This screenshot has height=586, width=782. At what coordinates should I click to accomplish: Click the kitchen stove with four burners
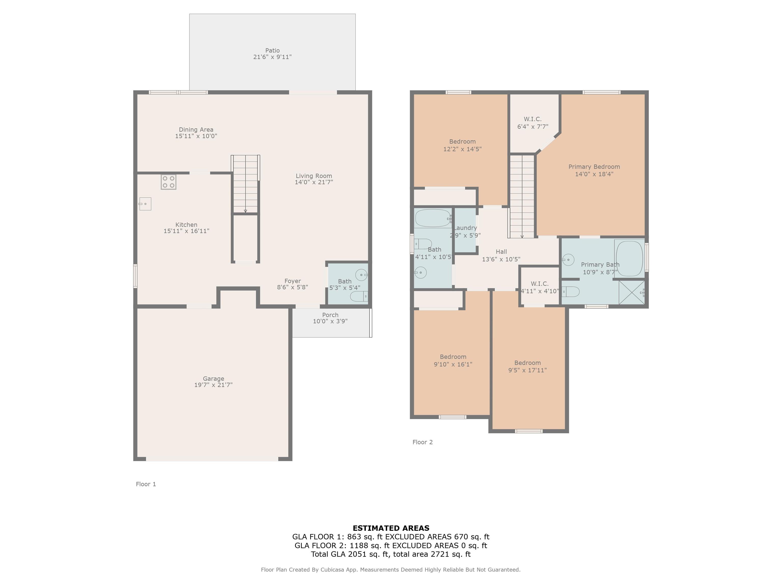pos(168,182)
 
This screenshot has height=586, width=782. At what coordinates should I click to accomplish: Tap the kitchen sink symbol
pos(145,204)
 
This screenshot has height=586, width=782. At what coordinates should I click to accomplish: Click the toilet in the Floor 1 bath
pos(359,296)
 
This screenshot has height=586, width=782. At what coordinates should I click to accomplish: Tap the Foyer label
pos(292,281)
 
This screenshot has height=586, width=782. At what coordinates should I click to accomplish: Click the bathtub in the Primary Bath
pos(629,258)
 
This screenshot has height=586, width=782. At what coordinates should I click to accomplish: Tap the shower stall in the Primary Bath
pos(632,292)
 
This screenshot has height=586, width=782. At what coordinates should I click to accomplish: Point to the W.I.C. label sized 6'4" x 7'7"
pos(533,123)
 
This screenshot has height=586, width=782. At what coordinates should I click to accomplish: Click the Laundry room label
pos(465,228)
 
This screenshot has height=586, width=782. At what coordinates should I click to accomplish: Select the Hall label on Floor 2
pos(501,252)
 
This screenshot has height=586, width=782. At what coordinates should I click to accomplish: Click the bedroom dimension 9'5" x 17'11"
pos(527,370)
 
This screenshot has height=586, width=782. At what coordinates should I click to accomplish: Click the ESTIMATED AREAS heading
pos(391,528)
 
